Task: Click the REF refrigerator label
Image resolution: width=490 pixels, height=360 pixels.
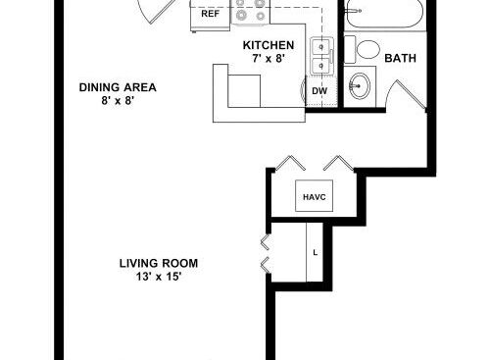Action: (211, 14)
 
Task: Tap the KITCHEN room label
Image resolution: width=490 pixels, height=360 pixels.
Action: (269, 45)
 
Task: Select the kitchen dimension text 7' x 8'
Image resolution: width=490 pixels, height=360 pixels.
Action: (269, 59)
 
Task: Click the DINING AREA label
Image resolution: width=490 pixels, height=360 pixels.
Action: (118, 87)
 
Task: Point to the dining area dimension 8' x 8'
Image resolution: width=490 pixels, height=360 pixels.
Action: (118, 100)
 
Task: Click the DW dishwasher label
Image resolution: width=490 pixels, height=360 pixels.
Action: (319, 91)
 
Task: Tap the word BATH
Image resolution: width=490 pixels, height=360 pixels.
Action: (401, 58)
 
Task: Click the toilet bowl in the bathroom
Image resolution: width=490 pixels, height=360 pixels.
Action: (368, 50)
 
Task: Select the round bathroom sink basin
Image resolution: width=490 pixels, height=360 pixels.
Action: (360, 85)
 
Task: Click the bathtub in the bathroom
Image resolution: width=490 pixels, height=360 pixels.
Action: (385, 14)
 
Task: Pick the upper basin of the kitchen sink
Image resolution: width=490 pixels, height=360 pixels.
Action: (320, 47)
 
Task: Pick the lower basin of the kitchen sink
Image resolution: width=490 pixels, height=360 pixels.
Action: (320, 66)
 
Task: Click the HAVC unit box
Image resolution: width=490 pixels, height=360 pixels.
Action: (315, 195)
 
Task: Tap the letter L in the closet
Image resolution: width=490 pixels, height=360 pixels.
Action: (315, 252)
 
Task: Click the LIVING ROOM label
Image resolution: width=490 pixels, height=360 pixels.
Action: (159, 263)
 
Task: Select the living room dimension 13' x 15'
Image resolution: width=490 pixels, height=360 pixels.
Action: (159, 277)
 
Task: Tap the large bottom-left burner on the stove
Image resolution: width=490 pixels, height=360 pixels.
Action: (241, 15)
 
